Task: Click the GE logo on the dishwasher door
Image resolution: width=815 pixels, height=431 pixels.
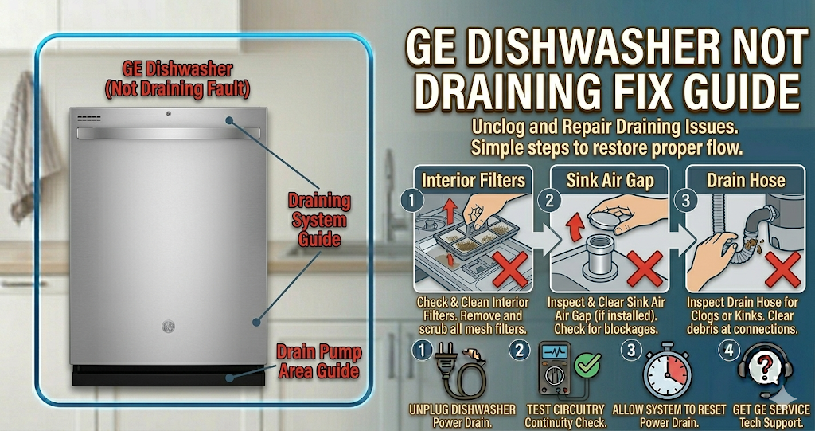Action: click(169, 325)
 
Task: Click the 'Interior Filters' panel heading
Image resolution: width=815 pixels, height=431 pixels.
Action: click(473, 180)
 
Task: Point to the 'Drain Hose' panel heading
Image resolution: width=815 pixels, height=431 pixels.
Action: click(746, 180)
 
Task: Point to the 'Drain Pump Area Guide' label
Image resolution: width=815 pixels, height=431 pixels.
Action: click(318, 361)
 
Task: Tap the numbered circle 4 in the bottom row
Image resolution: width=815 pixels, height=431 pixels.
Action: click(729, 348)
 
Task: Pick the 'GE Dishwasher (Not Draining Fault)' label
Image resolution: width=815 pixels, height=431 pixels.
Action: click(177, 79)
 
